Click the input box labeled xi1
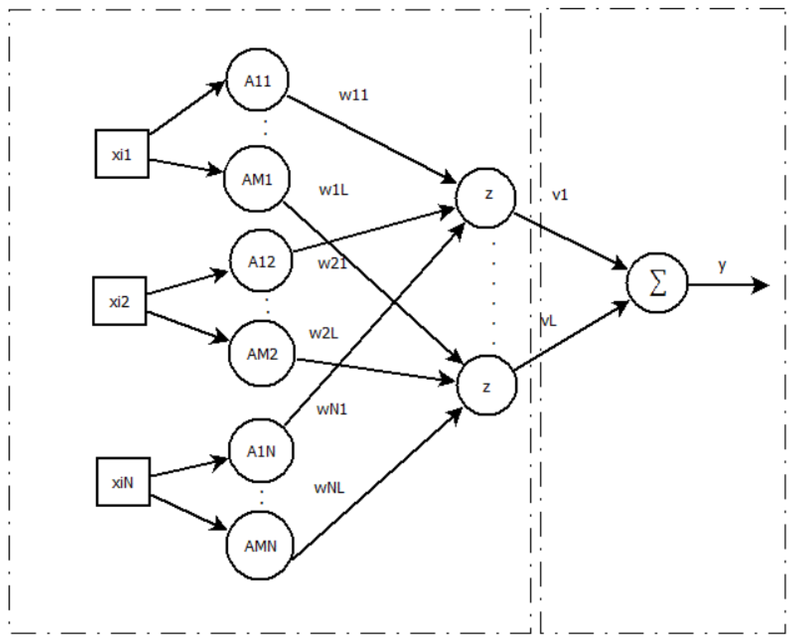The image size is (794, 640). tap(122, 154)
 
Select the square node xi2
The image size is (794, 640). tap(119, 301)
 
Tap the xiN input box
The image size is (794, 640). tap(123, 482)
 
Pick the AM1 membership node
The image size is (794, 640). tap(257, 179)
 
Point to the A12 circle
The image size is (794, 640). tap(261, 261)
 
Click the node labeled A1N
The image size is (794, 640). tap(261, 450)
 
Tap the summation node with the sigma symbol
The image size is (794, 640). tap(657, 283)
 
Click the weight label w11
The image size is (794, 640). tap(353, 95)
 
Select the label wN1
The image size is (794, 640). tap(332, 409)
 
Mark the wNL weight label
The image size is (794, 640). tap(329, 488)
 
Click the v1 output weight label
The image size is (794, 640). tap(560, 195)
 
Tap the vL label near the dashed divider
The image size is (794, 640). tap(548, 321)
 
